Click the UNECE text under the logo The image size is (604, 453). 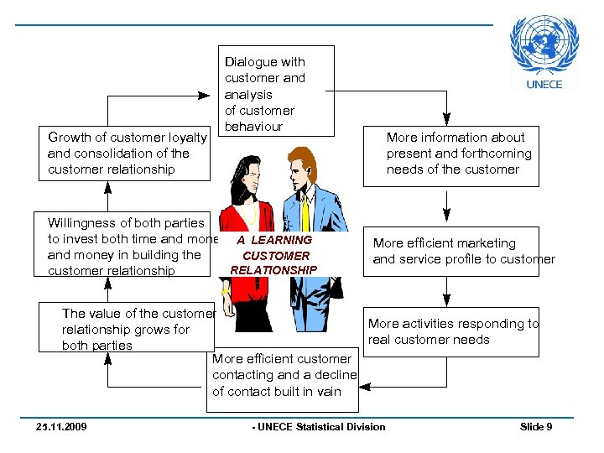pos(544,85)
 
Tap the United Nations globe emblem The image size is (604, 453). pos(544,44)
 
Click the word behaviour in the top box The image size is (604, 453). pos(253,127)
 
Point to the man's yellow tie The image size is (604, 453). pos(305,213)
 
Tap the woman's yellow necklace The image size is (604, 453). pos(250,214)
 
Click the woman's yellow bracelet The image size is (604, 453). pos(226,291)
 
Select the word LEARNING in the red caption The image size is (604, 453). pos(282,240)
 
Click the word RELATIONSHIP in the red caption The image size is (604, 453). pos(273,270)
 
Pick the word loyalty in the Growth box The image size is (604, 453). pos(188,138)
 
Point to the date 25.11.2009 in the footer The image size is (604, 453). pos(61,427)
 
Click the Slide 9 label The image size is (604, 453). pos(536,427)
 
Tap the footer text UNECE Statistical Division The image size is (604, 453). pos(321,427)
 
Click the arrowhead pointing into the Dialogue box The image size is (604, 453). pos(204,96)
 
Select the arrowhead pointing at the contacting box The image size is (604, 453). pos(365,387)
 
